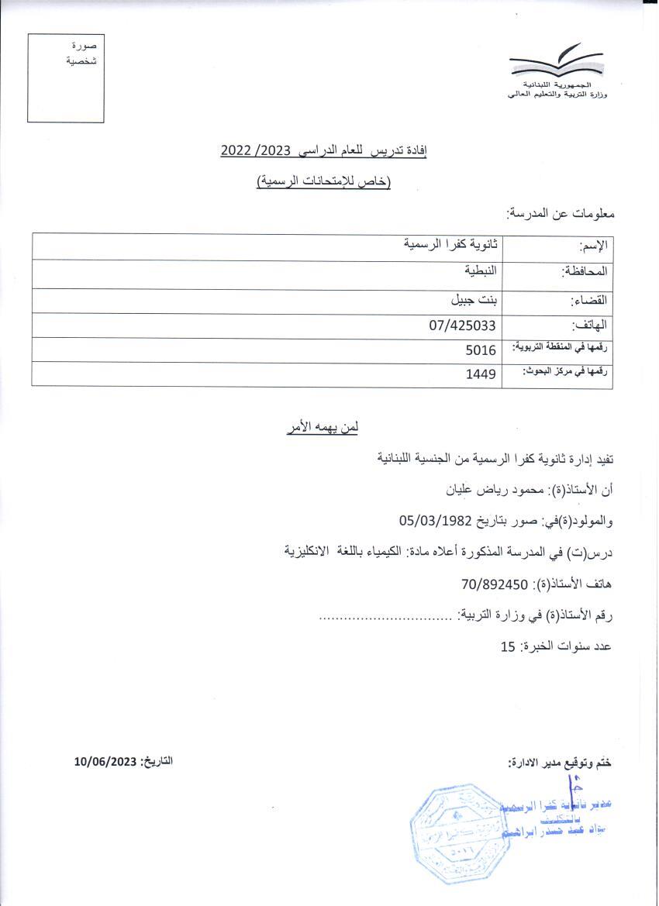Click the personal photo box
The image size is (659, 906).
point(65,78)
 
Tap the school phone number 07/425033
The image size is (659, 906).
point(462,326)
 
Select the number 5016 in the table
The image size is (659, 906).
point(481,350)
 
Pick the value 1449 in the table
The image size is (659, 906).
point(481,375)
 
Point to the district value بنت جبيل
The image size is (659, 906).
point(474,299)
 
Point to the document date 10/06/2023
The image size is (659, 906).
point(105,761)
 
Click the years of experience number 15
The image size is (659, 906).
point(508,646)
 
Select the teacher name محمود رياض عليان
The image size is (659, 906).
point(480,490)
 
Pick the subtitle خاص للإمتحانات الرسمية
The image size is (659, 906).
point(323,182)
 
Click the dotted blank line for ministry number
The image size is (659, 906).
point(385,618)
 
